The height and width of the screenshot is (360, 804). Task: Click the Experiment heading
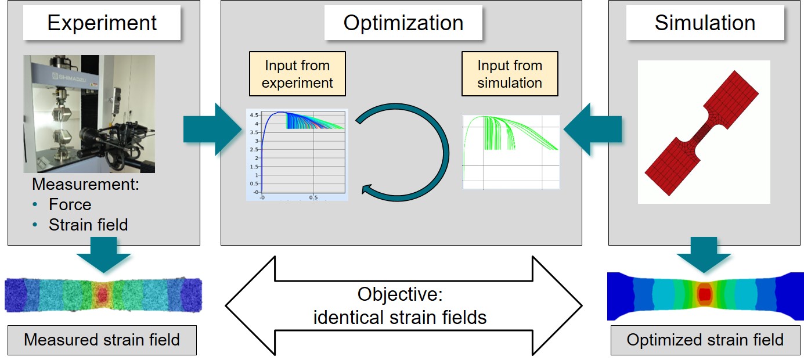tap(102, 23)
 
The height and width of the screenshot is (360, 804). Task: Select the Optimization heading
tap(403, 23)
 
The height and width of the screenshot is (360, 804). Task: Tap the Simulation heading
tap(705, 23)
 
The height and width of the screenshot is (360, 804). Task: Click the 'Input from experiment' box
tap(297, 74)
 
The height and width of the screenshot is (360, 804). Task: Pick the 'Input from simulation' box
tap(510, 74)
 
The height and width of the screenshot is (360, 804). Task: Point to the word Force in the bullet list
tap(70, 204)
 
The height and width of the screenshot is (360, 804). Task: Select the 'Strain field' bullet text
tap(88, 225)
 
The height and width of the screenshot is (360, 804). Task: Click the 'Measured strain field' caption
tap(102, 340)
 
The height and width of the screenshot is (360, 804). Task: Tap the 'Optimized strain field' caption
tap(705, 340)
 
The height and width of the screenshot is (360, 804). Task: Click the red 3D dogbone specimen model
tap(704, 132)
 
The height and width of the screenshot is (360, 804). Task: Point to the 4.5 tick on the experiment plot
tap(254, 115)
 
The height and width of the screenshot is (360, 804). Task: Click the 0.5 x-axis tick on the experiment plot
tap(313, 197)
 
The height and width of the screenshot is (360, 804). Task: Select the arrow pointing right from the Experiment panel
tap(212, 129)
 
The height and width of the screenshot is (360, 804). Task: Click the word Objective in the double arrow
tap(400, 294)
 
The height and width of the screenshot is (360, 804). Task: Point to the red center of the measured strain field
tap(103, 294)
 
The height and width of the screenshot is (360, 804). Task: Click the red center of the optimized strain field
tap(704, 294)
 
